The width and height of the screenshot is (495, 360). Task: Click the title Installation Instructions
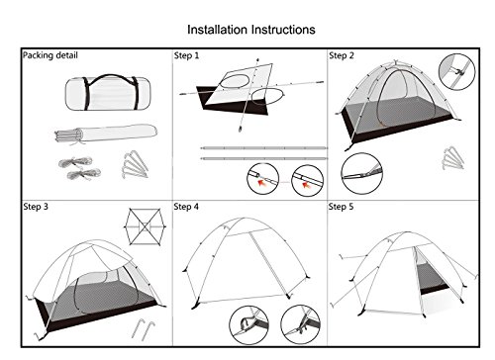point(251,30)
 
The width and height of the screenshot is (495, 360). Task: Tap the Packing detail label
point(50,55)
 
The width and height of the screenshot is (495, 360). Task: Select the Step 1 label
point(186,55)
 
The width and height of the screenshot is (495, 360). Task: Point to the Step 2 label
point(342,55)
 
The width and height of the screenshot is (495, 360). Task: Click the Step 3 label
point(36,207)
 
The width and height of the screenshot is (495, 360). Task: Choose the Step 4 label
point(186,207)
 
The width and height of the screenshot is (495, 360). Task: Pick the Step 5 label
point(341,207)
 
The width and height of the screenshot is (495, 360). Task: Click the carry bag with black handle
point(108,92)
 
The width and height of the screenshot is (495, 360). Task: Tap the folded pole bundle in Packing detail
point(106,134)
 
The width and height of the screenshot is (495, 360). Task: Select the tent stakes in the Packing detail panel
point(135,164)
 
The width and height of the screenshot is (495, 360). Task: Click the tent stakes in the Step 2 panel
point(453,158)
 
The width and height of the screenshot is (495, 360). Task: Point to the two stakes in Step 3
point(144,329)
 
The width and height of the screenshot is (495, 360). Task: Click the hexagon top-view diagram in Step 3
point(145,226)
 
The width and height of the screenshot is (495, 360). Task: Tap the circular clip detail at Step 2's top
point(456,71)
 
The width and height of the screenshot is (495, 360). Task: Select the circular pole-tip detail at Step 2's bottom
point(362,173)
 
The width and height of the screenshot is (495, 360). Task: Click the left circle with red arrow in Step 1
point(263,179)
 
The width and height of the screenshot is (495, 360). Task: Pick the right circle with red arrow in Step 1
point(308,181)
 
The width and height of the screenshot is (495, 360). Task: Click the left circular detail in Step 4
point(249,325)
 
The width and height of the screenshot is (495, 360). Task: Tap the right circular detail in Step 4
point(300,324)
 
